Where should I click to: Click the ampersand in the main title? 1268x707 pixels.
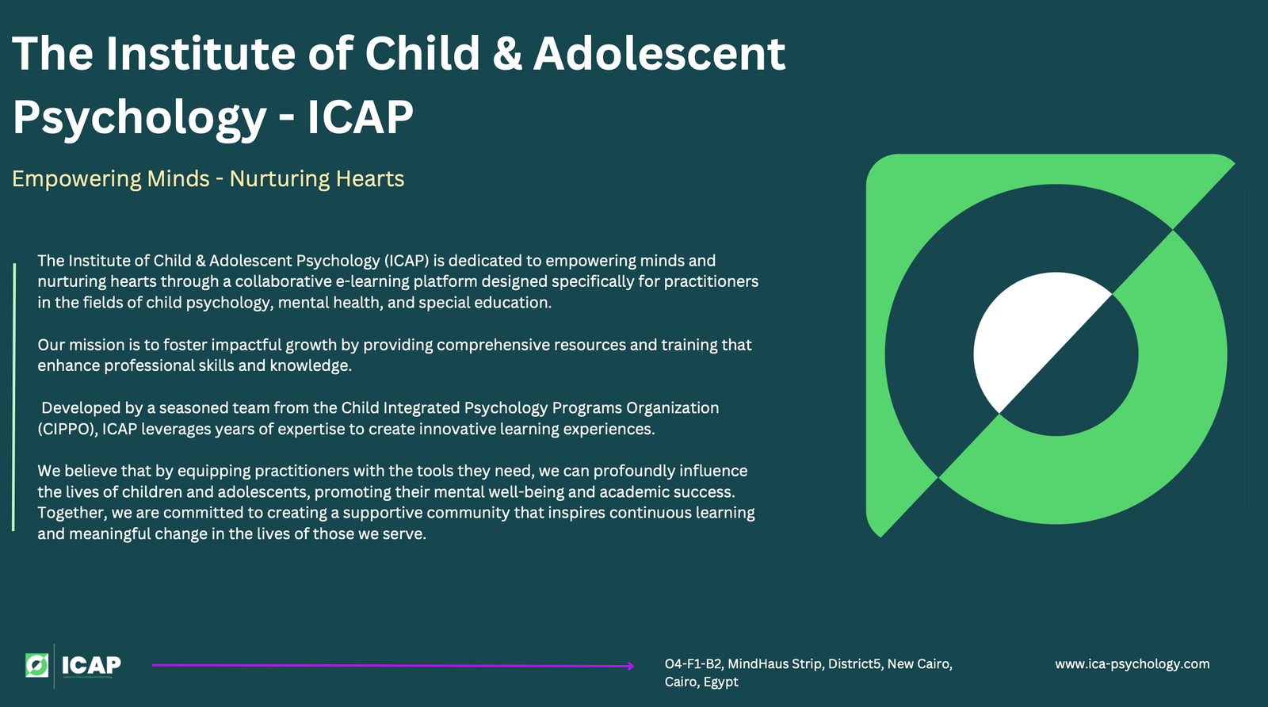(507, 54)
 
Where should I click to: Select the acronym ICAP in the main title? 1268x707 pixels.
(360, 117)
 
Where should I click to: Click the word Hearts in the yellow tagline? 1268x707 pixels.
(369, 178)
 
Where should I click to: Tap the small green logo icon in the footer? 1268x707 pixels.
(36, 665)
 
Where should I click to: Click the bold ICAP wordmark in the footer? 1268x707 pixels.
(91, 664)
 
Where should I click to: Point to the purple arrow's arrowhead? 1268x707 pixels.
(630, 666)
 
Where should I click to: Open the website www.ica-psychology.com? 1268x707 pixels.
(1132, 664)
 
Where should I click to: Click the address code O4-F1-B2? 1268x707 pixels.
(693, 664)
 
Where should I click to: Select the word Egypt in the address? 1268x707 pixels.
(720, 682)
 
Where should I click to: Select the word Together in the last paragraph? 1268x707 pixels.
(72, 513)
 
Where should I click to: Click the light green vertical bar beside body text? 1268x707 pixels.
(13, 397)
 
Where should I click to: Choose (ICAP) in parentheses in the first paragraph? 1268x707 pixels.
(407, 261)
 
